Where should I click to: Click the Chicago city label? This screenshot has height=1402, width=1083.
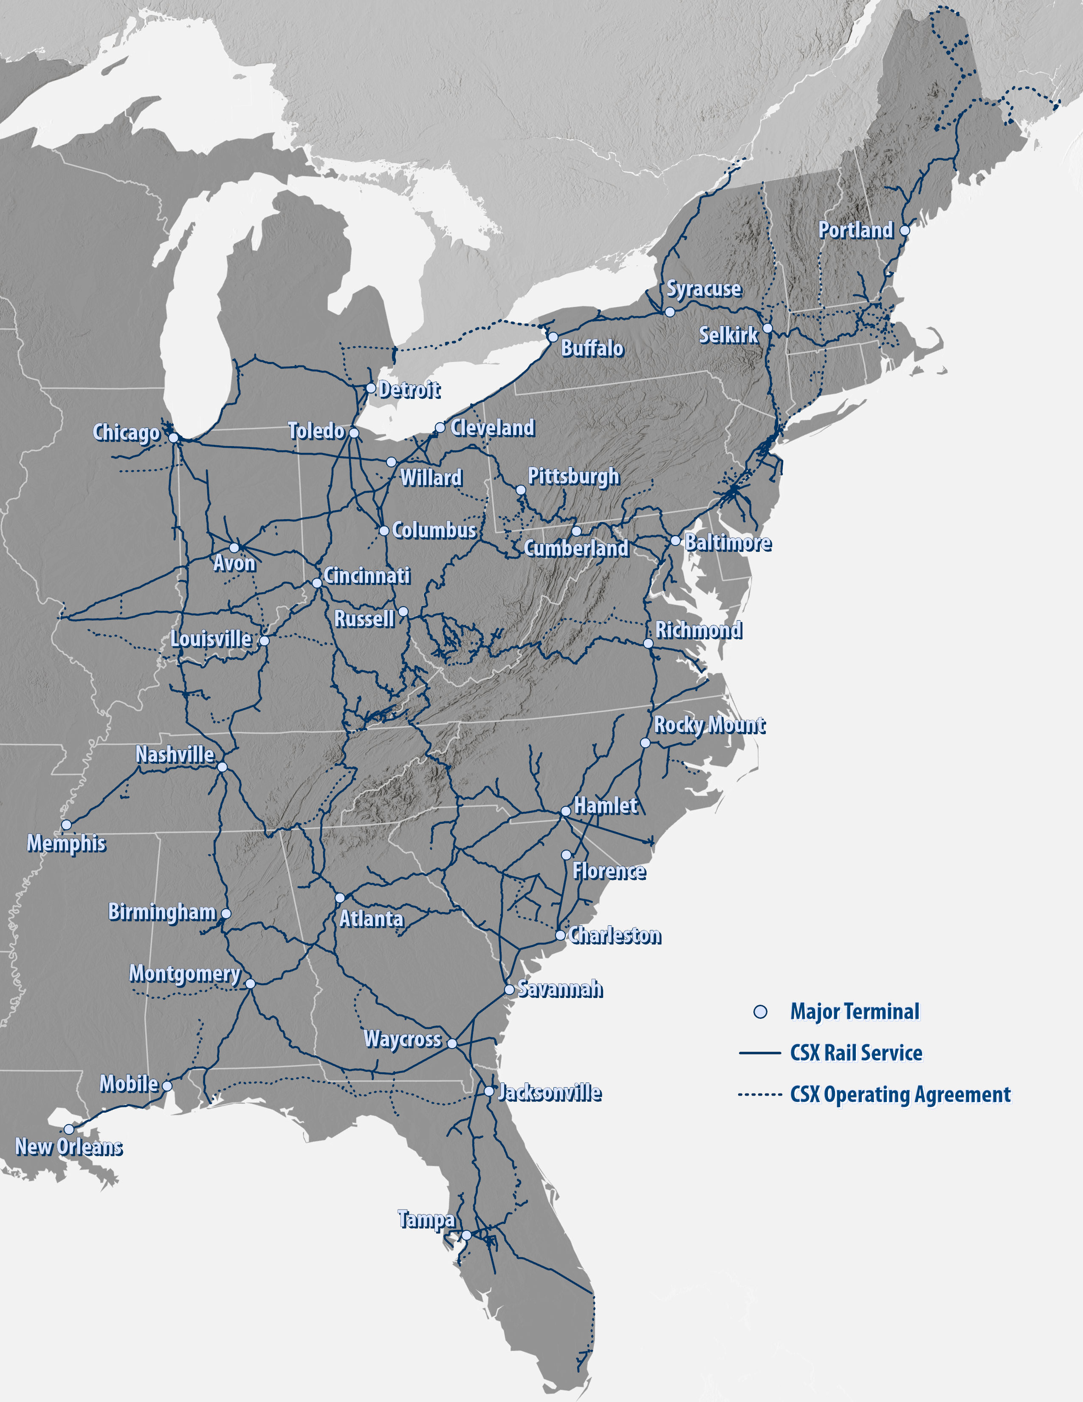[127, 432]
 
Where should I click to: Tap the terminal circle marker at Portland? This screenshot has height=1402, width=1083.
[905, 230]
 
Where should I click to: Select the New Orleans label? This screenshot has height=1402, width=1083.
[69, 1147]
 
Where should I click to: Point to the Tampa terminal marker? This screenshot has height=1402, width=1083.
[466, 1235]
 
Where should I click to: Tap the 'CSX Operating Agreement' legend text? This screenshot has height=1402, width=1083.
[900, 1094]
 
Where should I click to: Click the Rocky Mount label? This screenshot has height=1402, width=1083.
[709, 725]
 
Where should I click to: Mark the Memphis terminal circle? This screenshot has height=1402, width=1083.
[66, 825]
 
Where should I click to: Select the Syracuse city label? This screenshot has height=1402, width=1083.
[704, 289]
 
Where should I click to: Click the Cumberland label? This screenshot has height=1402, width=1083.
[576, 548]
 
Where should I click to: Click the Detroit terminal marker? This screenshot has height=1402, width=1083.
[370, 388]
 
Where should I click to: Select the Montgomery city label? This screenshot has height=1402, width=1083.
[185, 973]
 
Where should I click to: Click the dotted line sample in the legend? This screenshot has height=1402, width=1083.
[760, 1094]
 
